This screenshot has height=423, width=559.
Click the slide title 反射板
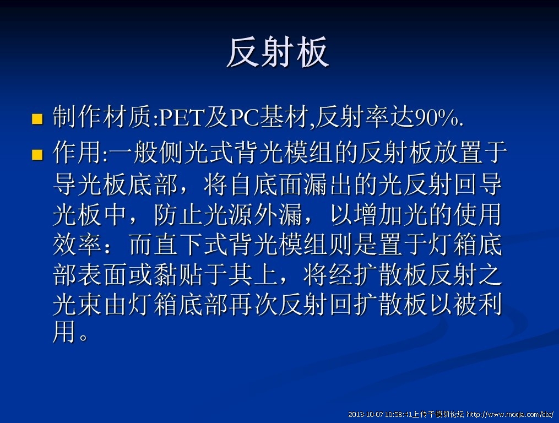278,52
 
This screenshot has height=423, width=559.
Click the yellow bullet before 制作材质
37,119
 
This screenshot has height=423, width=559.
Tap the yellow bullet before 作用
37,154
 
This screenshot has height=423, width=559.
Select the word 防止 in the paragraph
178,215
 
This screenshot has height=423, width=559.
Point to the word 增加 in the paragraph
378,215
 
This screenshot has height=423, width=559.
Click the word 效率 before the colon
77,245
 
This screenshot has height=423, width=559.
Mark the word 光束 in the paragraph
77,305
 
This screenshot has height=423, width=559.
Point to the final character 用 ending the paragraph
64,332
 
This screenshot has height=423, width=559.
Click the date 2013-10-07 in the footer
366,414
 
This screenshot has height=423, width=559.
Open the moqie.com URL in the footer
510,414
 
